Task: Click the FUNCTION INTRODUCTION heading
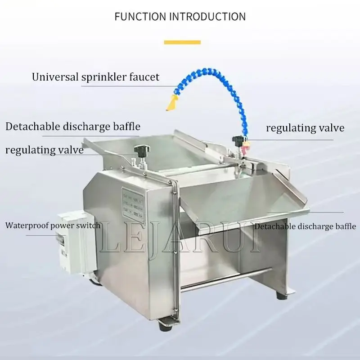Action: pos(180,17)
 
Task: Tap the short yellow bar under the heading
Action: pos(182,42)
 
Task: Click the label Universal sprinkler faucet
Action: pos(95,77)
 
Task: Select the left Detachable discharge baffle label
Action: pos(73,126)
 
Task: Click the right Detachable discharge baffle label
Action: pos(305,226)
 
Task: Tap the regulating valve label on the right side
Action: pos(305,128)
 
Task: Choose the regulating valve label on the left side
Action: pos(45,150)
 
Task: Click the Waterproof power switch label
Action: pos(53,225)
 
